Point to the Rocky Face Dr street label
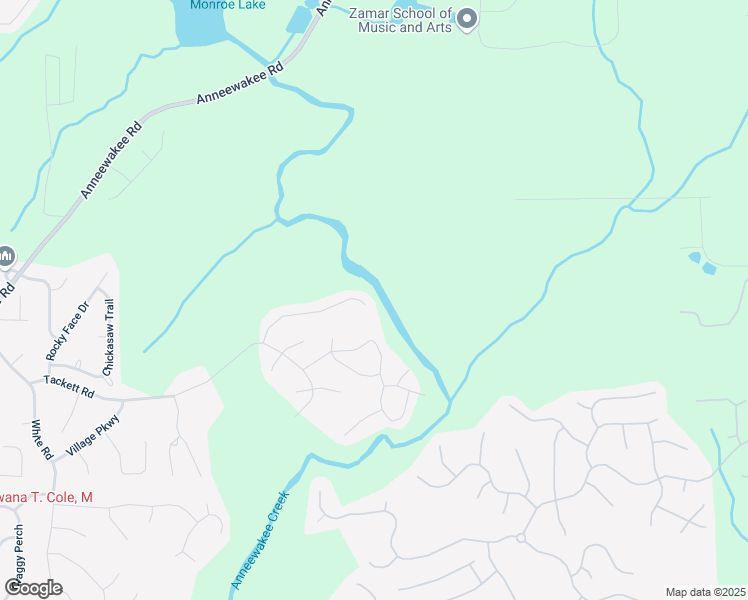point(67,330)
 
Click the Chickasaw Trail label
point(109,335)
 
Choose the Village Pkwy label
point(93,436)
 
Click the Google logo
point(33,587)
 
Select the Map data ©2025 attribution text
point(705,592)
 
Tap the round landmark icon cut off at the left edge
point(5,257)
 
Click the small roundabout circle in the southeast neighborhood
point(521,538)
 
